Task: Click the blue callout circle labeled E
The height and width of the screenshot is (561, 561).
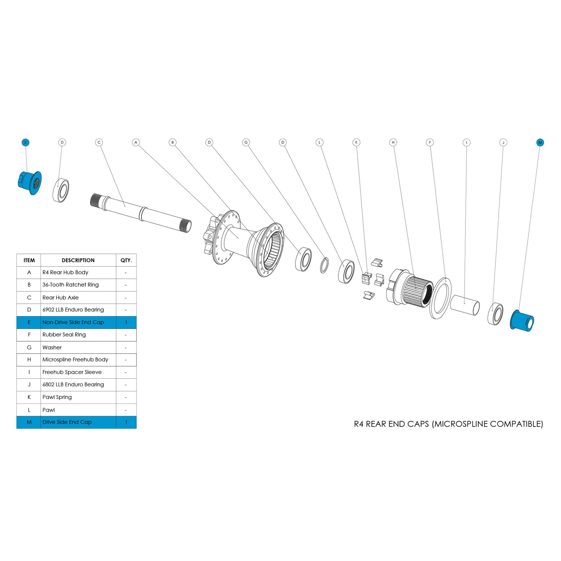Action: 26,142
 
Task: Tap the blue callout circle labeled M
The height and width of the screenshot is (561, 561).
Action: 540,142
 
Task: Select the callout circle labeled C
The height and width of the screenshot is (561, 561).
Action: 99,142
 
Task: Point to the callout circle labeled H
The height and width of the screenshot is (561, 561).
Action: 393,142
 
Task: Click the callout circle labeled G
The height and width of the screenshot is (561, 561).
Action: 246,142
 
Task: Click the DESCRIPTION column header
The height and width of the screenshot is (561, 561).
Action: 78,260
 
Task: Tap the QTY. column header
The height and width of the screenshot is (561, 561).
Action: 126,260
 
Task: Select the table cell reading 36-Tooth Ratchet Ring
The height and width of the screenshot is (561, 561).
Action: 71,285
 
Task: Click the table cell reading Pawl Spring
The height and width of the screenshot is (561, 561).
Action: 57,397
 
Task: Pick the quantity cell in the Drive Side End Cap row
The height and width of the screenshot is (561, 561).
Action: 126,422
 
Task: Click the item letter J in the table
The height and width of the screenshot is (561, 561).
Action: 29,385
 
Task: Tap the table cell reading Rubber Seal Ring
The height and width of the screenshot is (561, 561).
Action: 64,335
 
